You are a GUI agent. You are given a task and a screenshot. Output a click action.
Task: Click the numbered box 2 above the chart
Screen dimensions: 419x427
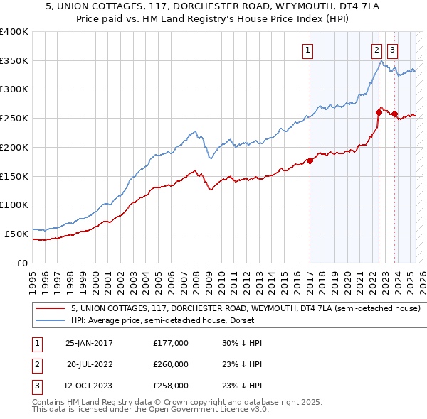[376, 50]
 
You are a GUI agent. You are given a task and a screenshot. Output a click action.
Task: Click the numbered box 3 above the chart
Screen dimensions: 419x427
[393, 50]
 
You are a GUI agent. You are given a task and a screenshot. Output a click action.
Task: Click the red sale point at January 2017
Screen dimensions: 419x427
[310, 160]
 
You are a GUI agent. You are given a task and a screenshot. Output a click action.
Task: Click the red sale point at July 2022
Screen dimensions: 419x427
[379, 112]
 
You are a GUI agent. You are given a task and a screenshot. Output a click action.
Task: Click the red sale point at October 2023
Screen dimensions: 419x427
[394, 114]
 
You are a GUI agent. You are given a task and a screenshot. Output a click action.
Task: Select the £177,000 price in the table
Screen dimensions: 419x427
[171, 343]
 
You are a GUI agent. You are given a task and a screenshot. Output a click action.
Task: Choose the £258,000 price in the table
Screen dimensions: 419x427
[171, 386]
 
